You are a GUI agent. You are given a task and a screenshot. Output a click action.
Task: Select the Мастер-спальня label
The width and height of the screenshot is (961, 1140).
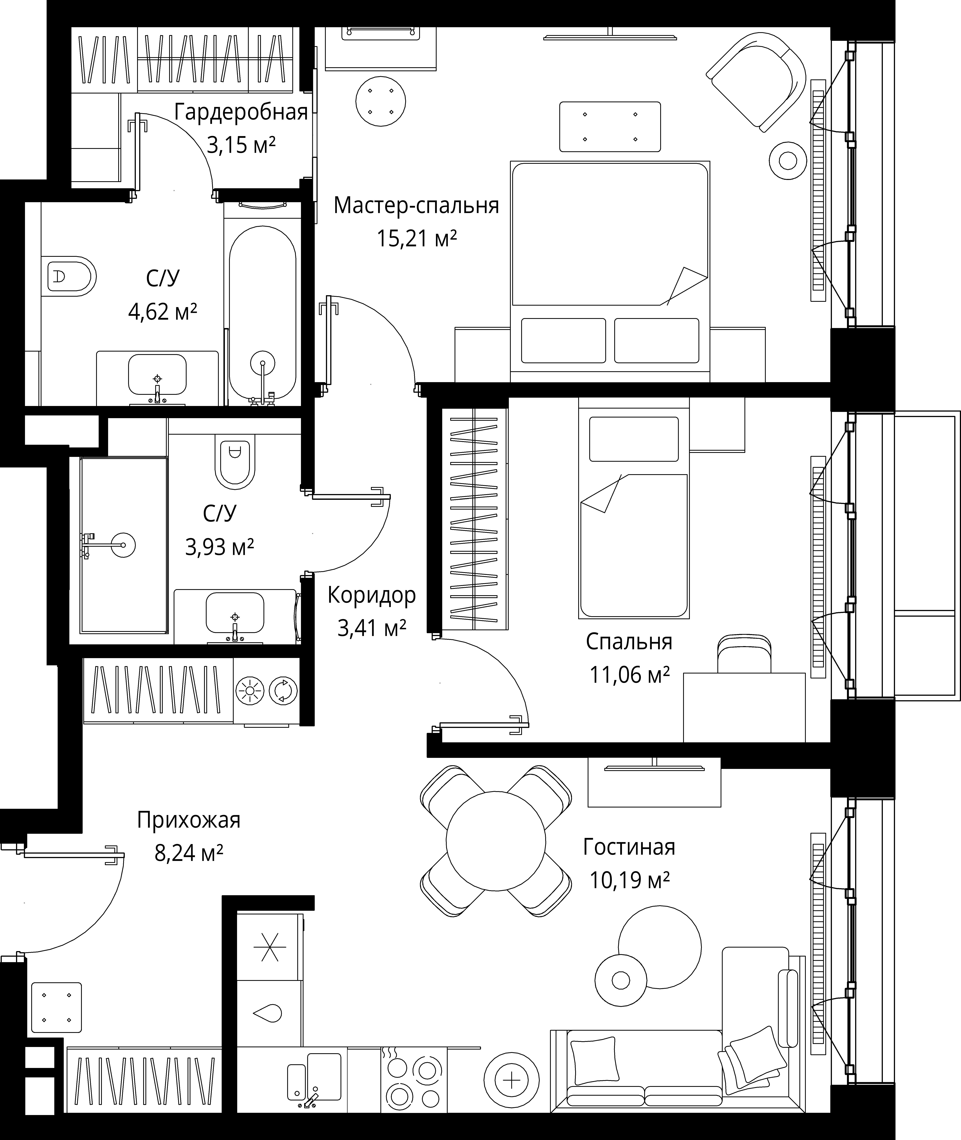(416, 205)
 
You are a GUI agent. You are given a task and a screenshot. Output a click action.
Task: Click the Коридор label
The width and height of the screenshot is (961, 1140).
(372, 595)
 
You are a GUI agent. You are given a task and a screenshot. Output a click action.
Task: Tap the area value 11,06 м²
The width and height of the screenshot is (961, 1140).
(629, 675)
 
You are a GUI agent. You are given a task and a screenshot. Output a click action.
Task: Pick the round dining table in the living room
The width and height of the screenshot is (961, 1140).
(496, 841)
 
